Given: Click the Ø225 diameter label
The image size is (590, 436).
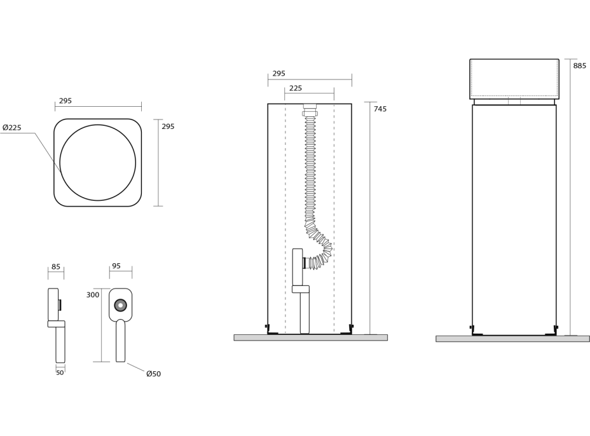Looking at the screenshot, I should (x=12, y=128).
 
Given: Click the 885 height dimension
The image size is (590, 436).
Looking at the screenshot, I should (x=579, y=66).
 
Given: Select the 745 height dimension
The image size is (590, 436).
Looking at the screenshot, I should (x=380, y=109).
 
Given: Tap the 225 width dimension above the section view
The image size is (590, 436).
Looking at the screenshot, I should (x=296, y=89).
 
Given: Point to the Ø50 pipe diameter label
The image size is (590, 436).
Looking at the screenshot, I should (x=153, y=374).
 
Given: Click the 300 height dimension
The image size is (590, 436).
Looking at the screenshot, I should (x=93, y=295).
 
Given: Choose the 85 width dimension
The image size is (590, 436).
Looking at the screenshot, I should (x=56, y=267).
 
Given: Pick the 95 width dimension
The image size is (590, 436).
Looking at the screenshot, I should (x=116, y=266).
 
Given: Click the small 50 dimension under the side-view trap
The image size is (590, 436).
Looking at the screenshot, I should (x=60, y=372).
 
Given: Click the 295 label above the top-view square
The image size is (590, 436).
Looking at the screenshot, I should (x=65, y=101).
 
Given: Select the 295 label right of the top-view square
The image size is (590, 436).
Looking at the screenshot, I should (x=168, y=127).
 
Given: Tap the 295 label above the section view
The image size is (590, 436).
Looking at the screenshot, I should (x=279, y=74).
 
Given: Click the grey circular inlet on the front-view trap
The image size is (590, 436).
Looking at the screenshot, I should (x=120, y=305).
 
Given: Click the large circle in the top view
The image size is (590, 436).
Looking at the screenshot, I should (x=98, y=163).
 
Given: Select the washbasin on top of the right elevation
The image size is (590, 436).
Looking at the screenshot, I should (x=514, y=79).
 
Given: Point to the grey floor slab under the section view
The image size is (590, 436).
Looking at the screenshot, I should (x=310, y=337).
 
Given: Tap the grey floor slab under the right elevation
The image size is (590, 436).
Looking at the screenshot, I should (x=512, y=339).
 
